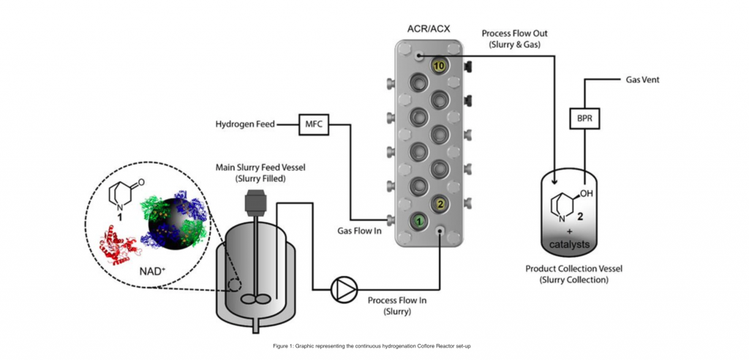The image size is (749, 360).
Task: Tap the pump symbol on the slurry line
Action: (341, 289)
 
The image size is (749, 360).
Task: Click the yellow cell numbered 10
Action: (439, 66)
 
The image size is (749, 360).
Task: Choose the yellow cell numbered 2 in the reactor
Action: (440, 203)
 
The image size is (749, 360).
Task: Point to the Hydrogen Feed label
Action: (244, 124)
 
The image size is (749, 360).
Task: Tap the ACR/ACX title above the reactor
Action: (429, 30)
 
